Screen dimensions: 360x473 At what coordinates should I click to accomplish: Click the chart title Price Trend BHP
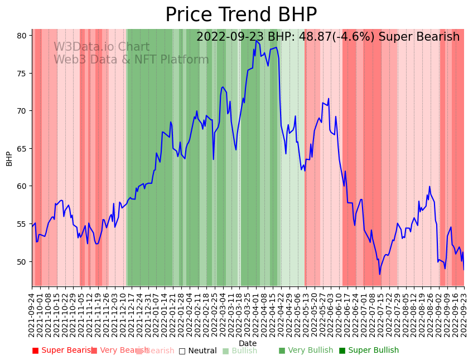(x=241, y=15)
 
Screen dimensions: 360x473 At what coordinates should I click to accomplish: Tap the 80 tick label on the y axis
(x=22, y=36)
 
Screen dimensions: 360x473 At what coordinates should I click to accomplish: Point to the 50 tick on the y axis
(x=22, y=261)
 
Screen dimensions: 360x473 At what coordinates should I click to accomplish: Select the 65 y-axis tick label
(x=22, y=149)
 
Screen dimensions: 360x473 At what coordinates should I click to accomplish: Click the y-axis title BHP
(x=9, y=158)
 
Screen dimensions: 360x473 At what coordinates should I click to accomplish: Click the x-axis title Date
(x=248, y=344)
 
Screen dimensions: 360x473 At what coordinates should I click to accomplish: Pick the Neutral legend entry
(x=198, y=351)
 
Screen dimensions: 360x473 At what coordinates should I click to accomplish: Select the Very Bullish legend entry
(x=306, y=351)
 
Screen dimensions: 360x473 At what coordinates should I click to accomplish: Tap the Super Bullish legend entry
(x=369, y=351)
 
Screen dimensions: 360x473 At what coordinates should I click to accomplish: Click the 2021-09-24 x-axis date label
(x=32, y=314)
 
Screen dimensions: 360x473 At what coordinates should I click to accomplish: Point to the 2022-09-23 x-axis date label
(x=464, y=314)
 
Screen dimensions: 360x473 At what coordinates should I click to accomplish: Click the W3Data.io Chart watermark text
(x=102, y=47)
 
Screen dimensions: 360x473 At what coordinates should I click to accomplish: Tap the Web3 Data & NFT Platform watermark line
(x=131, y=60)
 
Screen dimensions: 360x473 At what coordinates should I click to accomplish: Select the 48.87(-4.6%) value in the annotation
(x=320, y=37)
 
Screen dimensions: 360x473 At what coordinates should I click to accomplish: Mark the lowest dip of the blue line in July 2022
(x=380, y=274)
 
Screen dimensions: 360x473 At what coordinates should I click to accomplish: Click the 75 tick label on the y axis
(x=22, y=74)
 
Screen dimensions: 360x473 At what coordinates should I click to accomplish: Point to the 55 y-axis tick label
(x=22, y=224)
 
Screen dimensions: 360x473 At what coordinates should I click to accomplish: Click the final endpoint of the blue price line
(x=464, y=270)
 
